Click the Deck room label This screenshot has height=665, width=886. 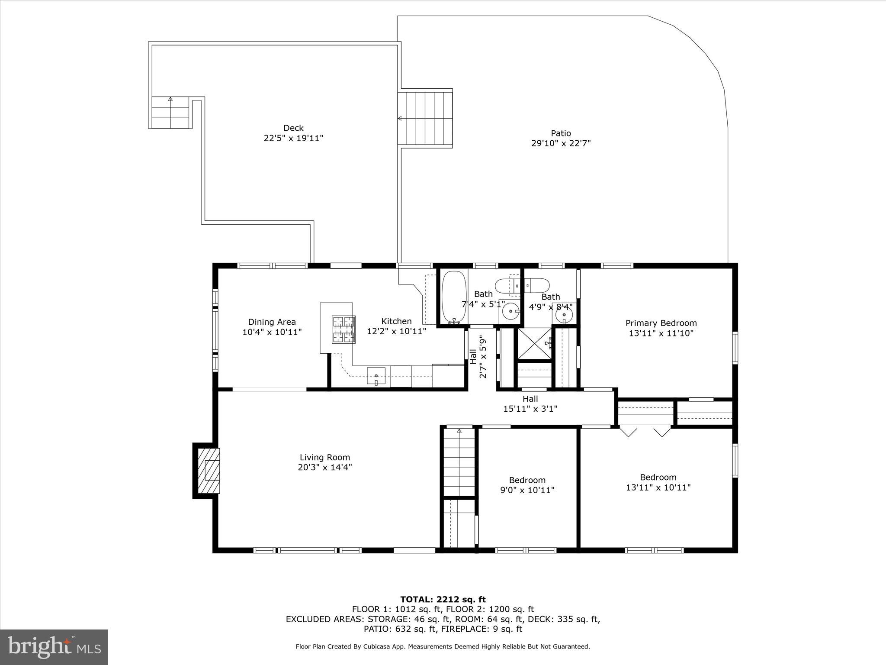click(x=293, y=128)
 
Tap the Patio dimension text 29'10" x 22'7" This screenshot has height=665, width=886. click(x=561, y=143)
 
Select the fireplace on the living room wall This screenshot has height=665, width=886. click(x=209, y=470)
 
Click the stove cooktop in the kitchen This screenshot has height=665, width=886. click(x=343, y=329)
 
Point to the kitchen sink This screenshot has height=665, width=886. click(x=376, y=375)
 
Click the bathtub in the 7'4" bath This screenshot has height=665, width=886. click(x=454, y=297)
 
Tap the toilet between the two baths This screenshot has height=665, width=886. click(x=522, y=285)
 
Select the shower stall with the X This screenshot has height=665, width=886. click(x=535, y=344)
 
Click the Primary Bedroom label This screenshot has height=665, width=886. click(x=661, y=323)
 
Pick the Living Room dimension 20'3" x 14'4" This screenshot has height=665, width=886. click(x=324, y=467)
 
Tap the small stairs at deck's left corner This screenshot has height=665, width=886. click(x=170, y=112)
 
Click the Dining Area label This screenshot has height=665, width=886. click(x=272, y=322)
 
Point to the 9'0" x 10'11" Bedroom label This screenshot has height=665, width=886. click(x=527, y=480)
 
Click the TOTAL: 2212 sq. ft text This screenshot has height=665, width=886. click(x=443, y=600)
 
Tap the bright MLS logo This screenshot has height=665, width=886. click(x=54, y=647)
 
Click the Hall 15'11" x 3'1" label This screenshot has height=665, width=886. click(x=530, y=404)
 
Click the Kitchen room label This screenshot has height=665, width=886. click(x=396, y=321)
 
